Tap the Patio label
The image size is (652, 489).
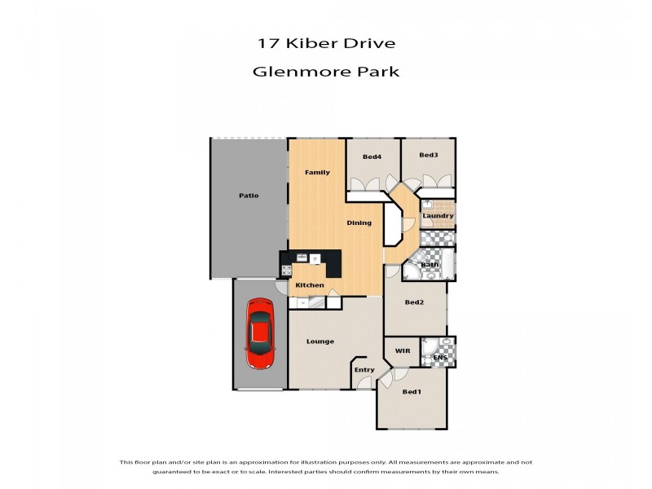249,196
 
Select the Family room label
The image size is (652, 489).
317,173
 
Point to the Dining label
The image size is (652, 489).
359,222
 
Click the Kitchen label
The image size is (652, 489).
310,285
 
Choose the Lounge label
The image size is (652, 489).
320,341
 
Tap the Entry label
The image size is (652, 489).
364,370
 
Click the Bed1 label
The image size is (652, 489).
412,392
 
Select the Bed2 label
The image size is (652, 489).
415,302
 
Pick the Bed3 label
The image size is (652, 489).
429,156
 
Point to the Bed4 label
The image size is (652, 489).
372,156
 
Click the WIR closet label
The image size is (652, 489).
403,351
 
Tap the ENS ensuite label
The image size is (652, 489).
440,358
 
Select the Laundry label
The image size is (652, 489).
438,216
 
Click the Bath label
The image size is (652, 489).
430,265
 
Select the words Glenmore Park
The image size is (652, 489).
326,71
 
